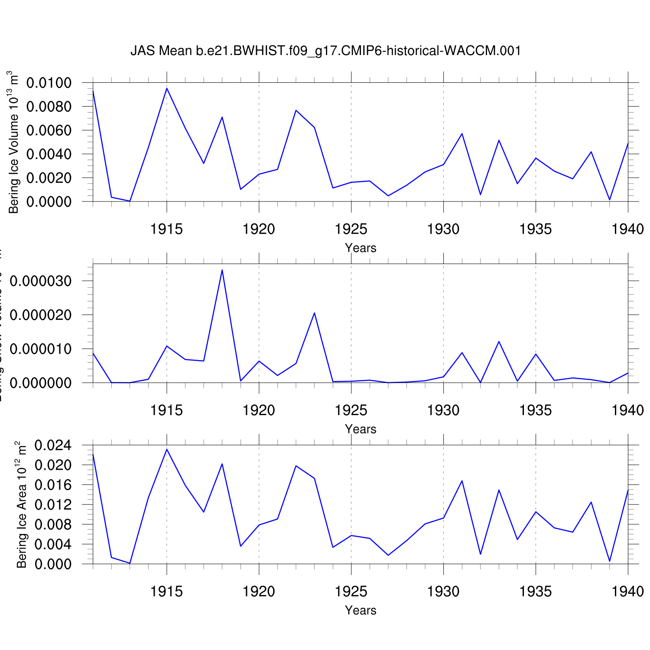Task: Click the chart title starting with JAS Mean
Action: [325, 51]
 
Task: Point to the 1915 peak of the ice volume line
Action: [167, 88]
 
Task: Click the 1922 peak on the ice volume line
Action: [296, 110]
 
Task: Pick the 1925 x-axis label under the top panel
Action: [351, 229]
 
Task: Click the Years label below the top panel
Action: [361, 248]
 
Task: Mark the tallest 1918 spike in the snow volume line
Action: [222, 270]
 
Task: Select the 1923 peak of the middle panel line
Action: [314, 313]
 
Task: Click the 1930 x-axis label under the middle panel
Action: [443, 410]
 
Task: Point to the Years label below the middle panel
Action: [361, 429]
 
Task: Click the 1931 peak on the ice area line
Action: [462, 481]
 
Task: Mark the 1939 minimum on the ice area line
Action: [610, 561]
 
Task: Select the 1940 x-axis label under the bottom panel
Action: [627, 591]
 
